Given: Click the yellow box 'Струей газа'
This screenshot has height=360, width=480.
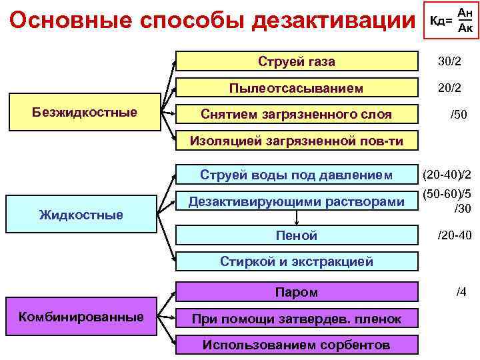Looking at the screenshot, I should pos(297,62).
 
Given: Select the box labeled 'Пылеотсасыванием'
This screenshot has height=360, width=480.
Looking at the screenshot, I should pos(297,88).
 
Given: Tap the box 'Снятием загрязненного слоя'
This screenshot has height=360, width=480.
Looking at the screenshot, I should pos(297,114).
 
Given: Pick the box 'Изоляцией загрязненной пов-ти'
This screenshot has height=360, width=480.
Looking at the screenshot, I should pos(297,141).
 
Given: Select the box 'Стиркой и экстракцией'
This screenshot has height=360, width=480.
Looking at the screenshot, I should pos(297,261).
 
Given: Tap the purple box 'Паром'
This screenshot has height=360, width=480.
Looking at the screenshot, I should pos(297,292).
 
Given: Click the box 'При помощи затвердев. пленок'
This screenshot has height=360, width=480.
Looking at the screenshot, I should pos(297,319).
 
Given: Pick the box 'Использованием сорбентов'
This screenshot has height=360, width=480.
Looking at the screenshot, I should pos(297,345).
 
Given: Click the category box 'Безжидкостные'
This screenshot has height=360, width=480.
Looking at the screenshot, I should pos(84,113).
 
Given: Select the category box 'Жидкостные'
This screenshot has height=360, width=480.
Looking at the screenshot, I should pos(81,214).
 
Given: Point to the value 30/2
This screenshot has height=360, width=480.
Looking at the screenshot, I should pos(449,61).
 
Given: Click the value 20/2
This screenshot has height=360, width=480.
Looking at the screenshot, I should pos(449,87).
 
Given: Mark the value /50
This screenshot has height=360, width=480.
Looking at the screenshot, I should pos(458,115).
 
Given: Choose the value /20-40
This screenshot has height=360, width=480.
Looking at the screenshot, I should pos(454,235).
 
